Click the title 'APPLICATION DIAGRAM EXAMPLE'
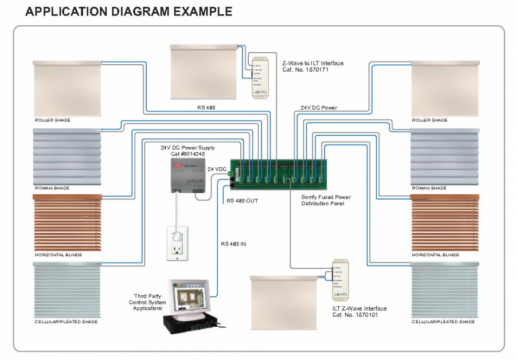[x=129, y=11]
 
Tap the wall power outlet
[x=177, y=243]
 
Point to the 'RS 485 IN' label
[x=233, y=244]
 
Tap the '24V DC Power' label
[x=319, y=107]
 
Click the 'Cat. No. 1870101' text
[x=359, y=315]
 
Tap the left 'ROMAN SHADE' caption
[x=52, y=188]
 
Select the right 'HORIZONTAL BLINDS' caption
[x=435, y=255]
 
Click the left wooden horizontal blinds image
[x=67, y=222]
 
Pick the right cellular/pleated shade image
[x=444, y=289]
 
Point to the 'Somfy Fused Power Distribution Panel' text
[x=326, y=200]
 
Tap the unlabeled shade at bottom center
[x=284, y=302]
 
